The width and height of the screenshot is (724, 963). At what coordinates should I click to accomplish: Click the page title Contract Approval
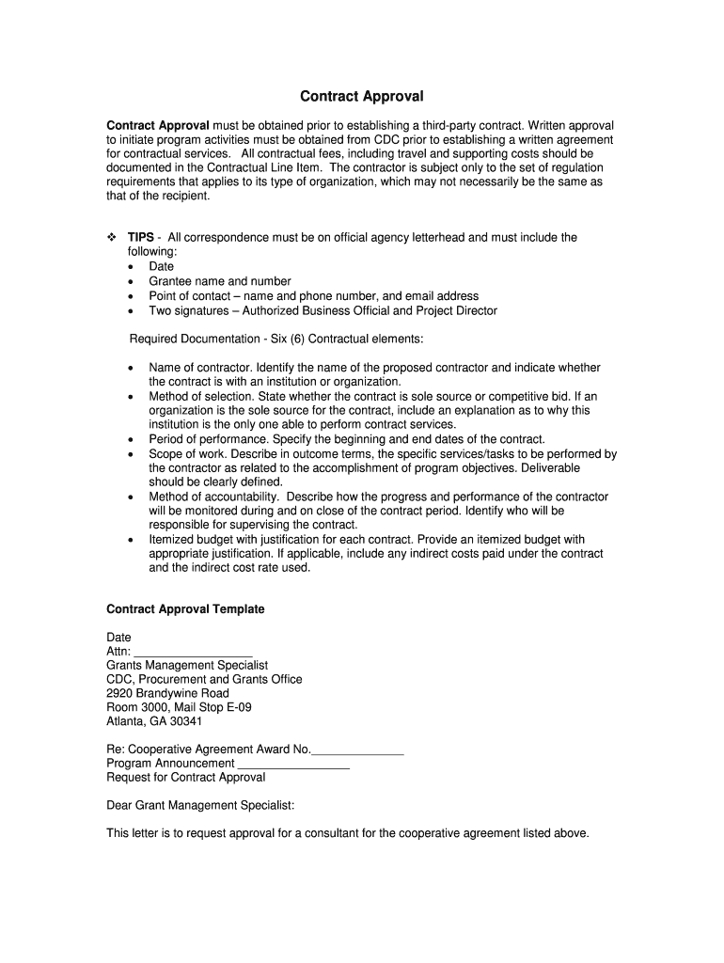point(361,97)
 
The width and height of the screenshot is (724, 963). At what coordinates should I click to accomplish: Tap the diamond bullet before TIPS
point(112,238)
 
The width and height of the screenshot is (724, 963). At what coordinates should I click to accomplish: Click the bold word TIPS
point(141,238)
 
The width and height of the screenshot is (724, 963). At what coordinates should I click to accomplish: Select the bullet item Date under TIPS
point(162,267)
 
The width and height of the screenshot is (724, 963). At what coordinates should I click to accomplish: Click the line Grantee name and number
point(220,281)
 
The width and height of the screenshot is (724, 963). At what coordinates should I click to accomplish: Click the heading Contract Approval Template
point(186,609)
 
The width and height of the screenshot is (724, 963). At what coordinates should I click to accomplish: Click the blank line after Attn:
point(194,652)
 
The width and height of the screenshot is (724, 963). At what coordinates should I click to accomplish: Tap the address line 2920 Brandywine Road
point(168,694)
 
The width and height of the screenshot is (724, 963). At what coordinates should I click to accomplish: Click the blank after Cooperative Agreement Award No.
point(357,750)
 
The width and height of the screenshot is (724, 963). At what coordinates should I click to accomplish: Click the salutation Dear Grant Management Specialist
point(200,806)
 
